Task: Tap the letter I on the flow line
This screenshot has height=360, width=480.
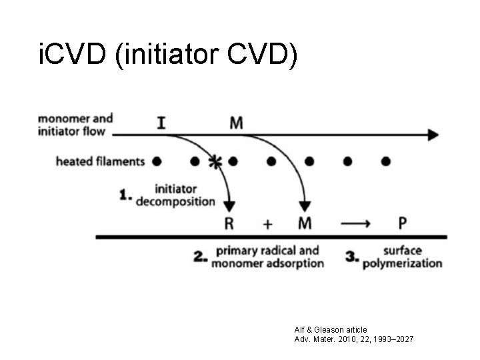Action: pos(162,123)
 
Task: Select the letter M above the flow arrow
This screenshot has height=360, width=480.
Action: pos(237,123)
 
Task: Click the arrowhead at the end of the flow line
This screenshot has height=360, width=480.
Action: pos(433,135)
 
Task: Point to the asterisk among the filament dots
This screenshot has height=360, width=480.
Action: pos(215,162)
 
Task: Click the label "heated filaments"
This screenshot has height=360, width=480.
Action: pos(99,161)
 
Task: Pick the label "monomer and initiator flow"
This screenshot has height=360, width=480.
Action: pos(75,125)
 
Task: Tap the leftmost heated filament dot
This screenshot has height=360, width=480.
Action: pos(157,161)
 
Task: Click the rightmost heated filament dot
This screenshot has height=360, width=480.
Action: pos(385,161)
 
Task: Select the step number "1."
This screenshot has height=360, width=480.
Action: pos(125,195)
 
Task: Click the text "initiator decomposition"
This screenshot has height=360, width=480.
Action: pos(175,195)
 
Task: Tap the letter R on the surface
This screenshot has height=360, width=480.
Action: pos(229,223)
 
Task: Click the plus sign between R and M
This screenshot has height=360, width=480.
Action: pos(267,224)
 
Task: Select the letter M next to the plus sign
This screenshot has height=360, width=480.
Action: pos(305,223)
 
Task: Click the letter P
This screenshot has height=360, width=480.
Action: pos(403,223)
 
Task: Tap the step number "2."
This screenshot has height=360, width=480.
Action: pos(200,257)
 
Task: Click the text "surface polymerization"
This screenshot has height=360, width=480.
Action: pos(402,257)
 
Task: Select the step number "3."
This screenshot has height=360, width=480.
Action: pos(353,257)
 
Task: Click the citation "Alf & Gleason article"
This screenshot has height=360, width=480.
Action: pos(331,329)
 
